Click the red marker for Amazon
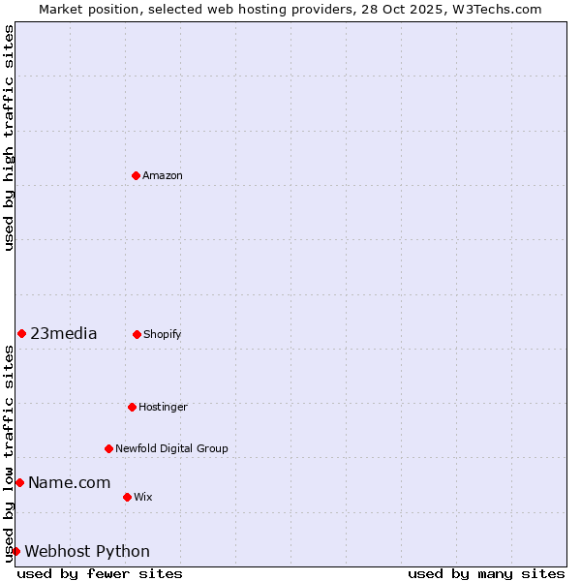pos(136,175)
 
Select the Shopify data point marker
pos(137,334)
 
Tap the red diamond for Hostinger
pos(132,407)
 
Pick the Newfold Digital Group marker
pos(108,448)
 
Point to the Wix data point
pos(127,497)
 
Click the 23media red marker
pos(21,333)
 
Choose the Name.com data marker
pos(19,482)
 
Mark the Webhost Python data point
pos(15,551)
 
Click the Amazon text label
pos(163,175)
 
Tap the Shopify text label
pos(163,334)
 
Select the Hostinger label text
pos(163,407)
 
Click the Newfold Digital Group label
pos(171,448)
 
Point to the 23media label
pos(64,334)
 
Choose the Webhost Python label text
pos(87,552)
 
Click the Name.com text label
pos(69,483)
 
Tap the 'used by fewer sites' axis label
pos(100,573)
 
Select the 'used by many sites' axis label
pos(486,573)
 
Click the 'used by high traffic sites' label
pos(9,138)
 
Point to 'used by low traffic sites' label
pos(9,453)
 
